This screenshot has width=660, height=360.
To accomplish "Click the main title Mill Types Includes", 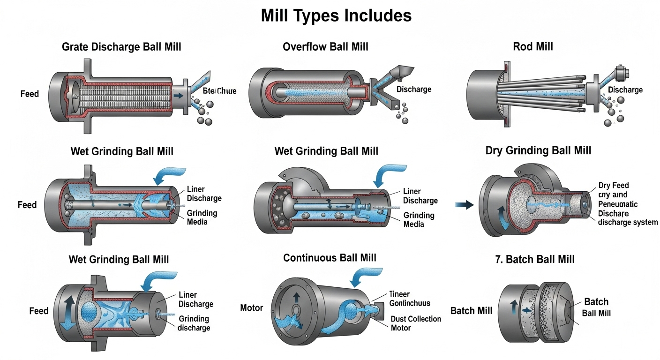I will pos(336,15).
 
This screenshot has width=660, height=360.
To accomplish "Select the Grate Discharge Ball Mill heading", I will pos(121,46).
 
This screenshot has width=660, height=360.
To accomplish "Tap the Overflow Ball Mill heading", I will pos(325,46).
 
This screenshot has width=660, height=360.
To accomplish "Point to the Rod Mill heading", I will pos(533,46).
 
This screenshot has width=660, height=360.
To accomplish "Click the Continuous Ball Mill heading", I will pos(330,258).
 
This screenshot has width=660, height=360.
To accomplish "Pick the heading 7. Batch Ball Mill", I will pos(535,259).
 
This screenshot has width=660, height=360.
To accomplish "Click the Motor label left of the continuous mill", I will pos(251,308).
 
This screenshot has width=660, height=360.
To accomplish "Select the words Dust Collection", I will pos(416,319).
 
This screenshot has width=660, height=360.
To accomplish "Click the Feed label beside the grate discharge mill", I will pos(30,94).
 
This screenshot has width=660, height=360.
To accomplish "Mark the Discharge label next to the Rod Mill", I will pos(625,90).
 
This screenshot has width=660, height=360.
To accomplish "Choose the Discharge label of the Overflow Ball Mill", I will pos(414,89).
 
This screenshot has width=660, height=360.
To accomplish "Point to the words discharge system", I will pos(628,222).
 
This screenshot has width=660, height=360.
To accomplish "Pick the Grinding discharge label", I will pos(194,323).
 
